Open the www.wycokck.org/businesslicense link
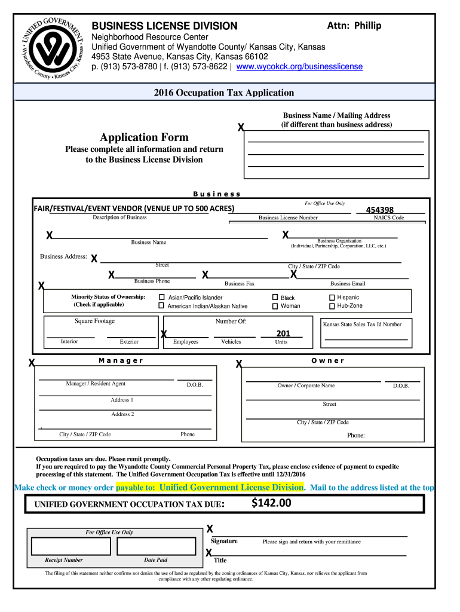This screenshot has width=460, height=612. [x=299, y=67]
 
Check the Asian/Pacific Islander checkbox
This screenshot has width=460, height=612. [x=161, y=297]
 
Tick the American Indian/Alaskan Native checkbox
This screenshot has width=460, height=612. [x=161, y=306]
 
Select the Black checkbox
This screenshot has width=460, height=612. [x=275, y=297]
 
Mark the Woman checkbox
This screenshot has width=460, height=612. [x=275, y=306]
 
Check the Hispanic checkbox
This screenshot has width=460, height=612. [x=332, y=297]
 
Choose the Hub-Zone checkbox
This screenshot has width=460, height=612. [x=332, y=306]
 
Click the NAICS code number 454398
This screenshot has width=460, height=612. [x=379, y=210]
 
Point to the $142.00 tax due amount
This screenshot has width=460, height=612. [x=271, y=503]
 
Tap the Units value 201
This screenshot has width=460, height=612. [x=283, y=333]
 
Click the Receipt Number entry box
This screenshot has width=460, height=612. [x=70, y=546]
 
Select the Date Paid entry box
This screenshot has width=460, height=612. [x=157, y=546]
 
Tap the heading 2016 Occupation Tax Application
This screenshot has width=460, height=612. [x=223, y=93]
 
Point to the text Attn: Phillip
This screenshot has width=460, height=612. [x=354, y=25]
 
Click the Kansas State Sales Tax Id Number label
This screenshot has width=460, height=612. [x=362, y=325]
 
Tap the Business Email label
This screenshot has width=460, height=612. [x=348, y=284]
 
